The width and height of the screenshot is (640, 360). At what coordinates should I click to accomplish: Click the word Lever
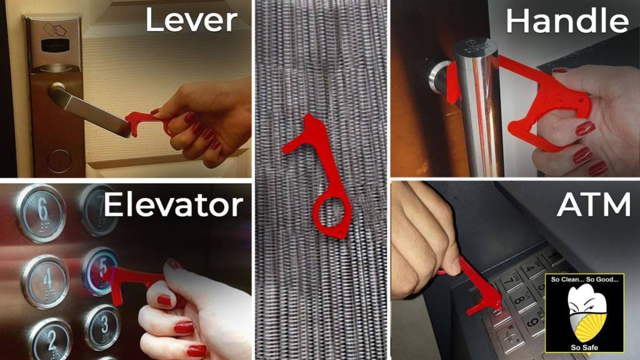tap(191, 21)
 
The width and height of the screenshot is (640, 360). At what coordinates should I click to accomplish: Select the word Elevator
tap(174, 204)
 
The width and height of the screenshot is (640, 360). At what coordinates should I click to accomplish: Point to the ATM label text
tap(594, 204)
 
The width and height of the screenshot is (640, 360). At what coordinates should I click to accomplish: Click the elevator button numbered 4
tap(45, 281)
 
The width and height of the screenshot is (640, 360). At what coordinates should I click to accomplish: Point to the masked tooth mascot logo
tap(584, 312)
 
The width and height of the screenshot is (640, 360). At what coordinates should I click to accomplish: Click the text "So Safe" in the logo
tap(584, 347)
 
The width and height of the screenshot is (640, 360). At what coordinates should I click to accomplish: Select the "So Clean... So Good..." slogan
tap(584, 279)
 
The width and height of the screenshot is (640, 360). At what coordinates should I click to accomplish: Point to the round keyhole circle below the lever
tap(59, 161)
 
